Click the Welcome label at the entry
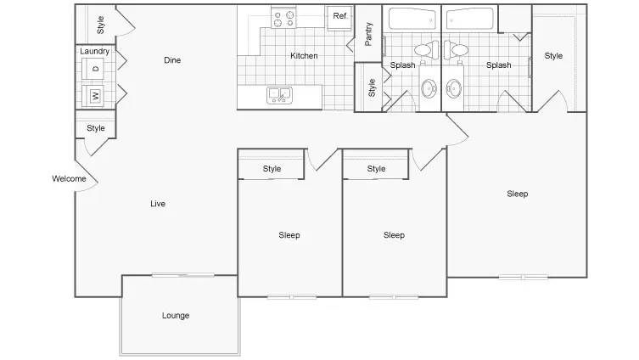(x=69, y=178)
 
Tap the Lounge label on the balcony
(x=176, y=315)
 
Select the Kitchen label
(x=304, y=55)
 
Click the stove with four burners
(x=283, y=18)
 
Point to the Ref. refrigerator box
(x=340, y=18)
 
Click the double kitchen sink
(x=279, y=95)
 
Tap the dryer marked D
(x=92, y=68)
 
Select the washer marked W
(x=92, y=96)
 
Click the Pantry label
(x=368, y=34)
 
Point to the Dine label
(x=172, y=60)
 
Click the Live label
(x=158, y=204)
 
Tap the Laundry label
(x=94, y=51)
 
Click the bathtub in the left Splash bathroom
(x=412, y=19)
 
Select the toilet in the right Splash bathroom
(x=456, y=50)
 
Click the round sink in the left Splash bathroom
(x=429, y=88)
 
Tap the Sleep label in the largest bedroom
(x=518, y=194)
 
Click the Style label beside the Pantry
(x=372, y=87)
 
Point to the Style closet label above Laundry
(x=100, y=25)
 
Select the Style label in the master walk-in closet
(x=553, y=55)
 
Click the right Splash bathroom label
(x=499, y=65)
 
